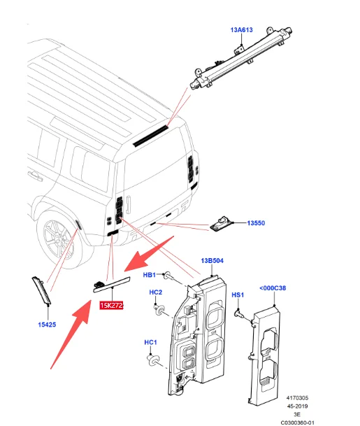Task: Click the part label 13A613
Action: click(x=241, y=30)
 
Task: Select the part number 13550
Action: click(x=256, y=223)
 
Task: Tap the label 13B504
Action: click(x=212, y=261)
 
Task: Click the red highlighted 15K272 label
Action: click(x=111, y=306)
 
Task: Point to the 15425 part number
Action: click(x=47, y=325)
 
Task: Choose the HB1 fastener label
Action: click(x=149, y=275)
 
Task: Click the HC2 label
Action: click(x=156, y=292)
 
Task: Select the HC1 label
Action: click(x=150, y=342)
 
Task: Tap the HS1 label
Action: click(x=238, y=294)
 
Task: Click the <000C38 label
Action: click(x=273, y=288)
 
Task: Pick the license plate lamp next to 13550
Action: click(x=221, y=224)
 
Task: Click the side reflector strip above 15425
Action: click(x=41, y=290)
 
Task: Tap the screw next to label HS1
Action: click(x=238, y=314)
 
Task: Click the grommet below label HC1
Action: click(x=152, y=360)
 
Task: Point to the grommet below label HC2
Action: click(x=159, y=310)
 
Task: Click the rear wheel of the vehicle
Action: click(x=59, y=239)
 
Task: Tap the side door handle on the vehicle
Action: click(x=35, y=176)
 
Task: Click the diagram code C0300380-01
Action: click(x=297, y=423)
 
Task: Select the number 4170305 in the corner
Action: click(x=297, y=398)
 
